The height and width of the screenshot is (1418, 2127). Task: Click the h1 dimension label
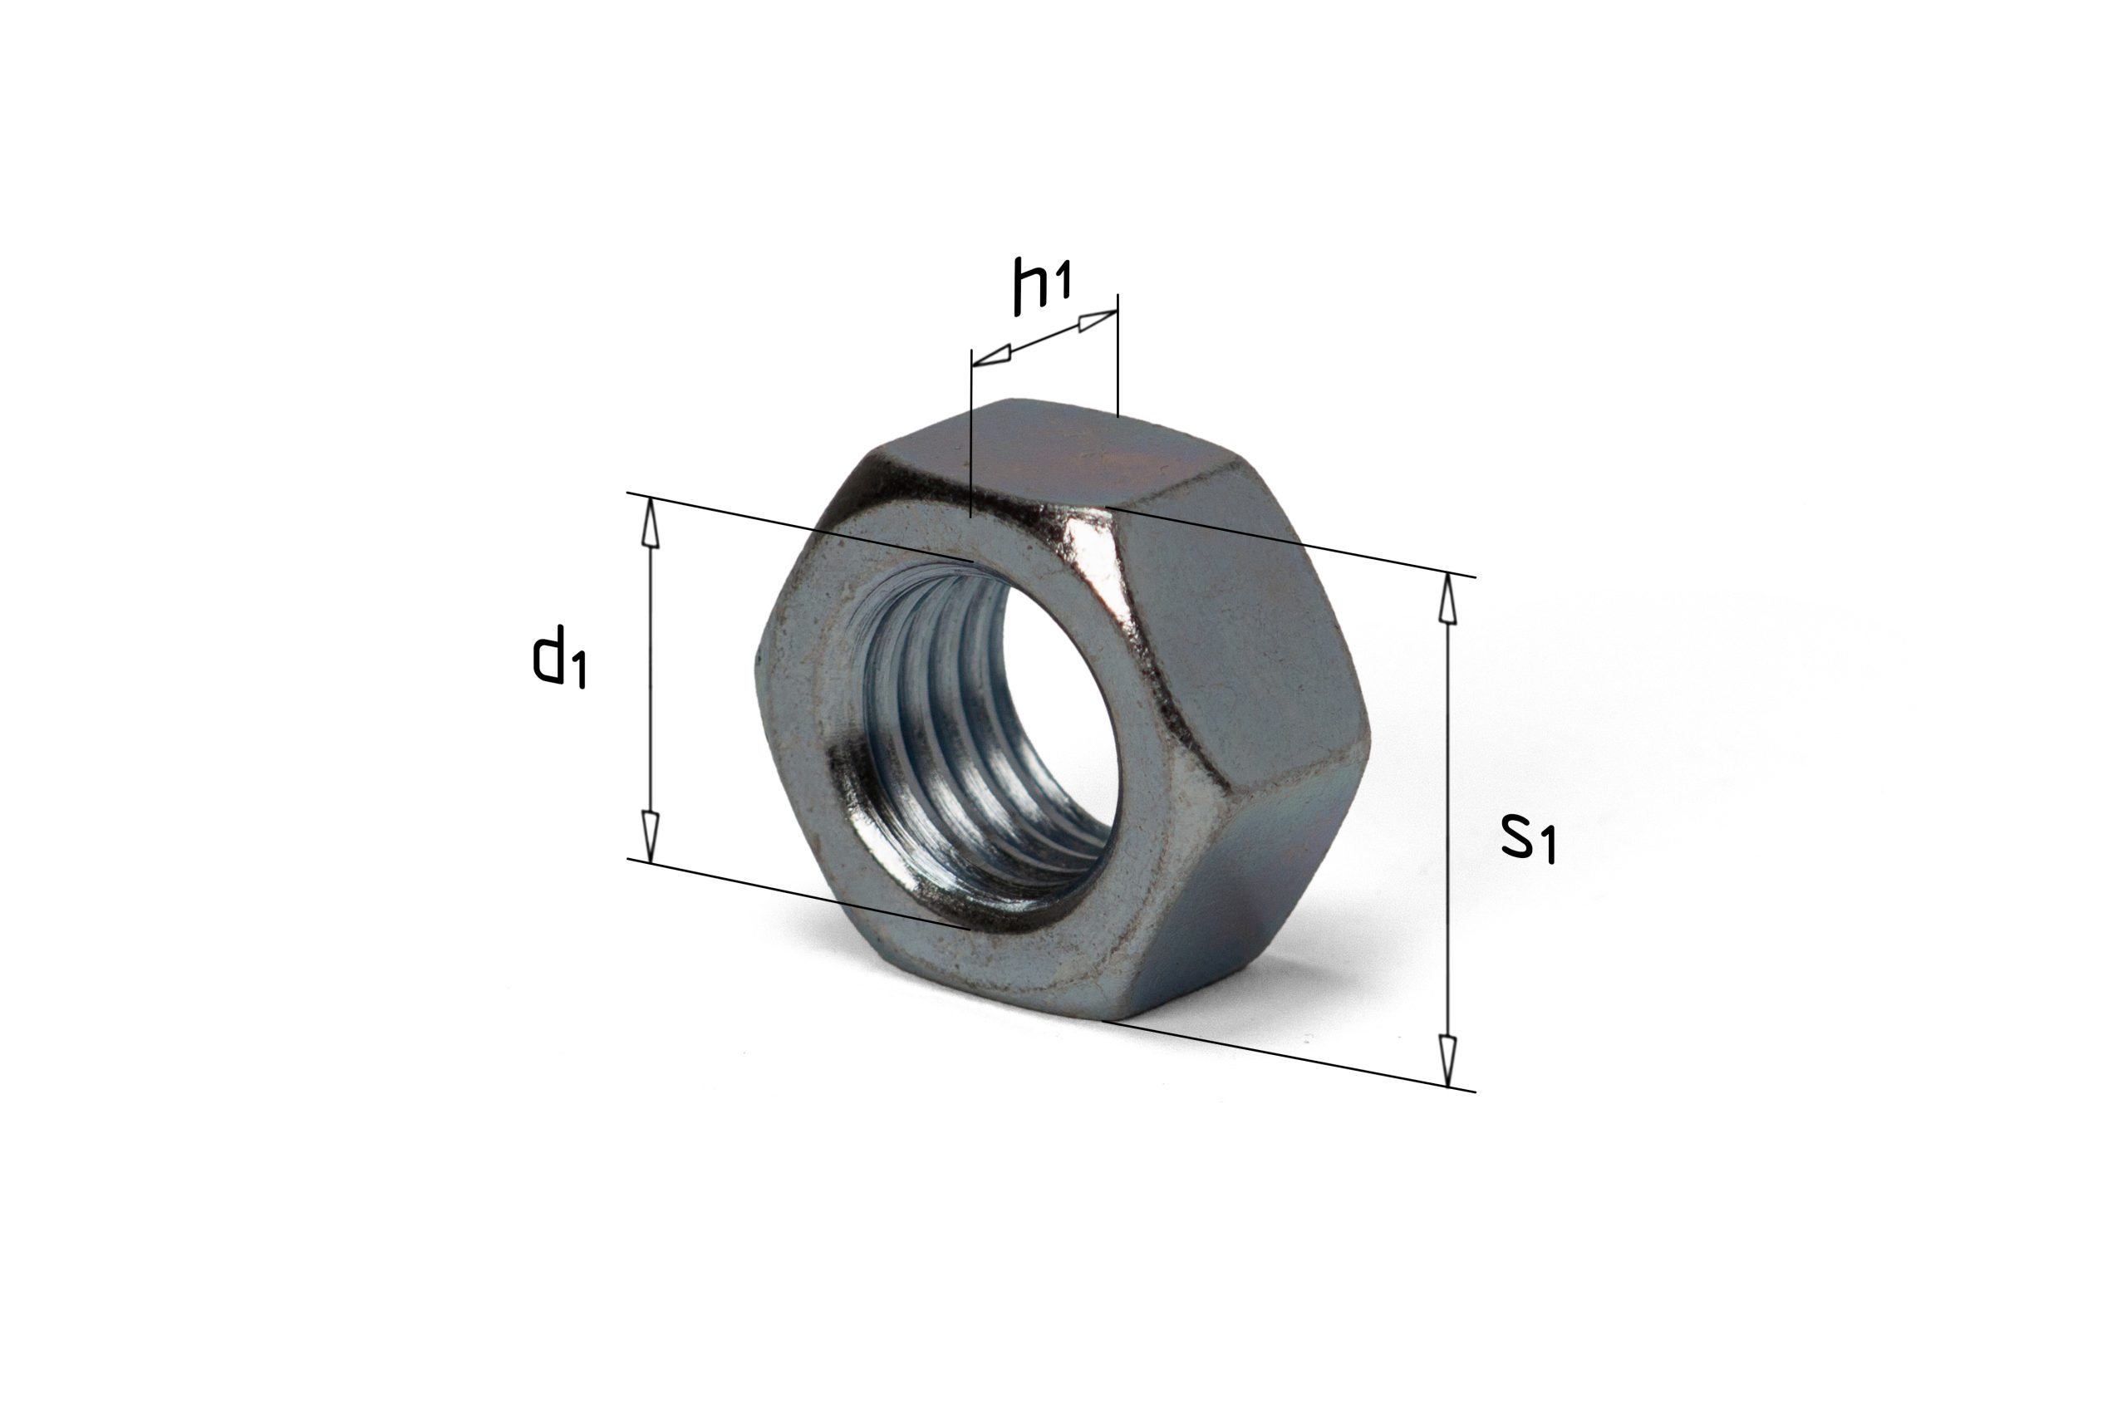[1042, 287]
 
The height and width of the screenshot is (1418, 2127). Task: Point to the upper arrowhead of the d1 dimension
[649, 523]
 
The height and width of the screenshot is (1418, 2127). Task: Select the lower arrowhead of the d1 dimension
[649, 837]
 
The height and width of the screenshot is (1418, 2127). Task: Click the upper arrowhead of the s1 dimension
[1448, 599]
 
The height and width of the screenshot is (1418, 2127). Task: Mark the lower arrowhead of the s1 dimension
[1448, 1062]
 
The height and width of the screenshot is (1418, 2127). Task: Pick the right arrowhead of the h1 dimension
[1098, 319]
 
